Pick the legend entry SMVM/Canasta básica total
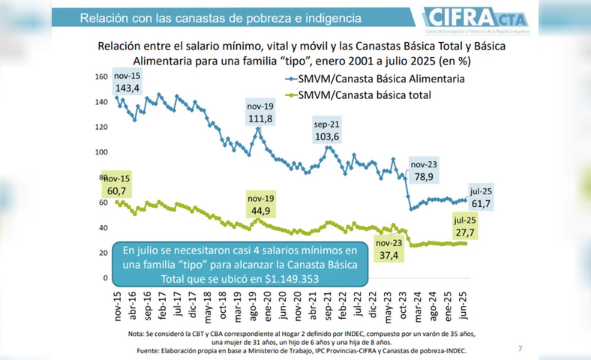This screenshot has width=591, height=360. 363,95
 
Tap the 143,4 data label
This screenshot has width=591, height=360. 128,88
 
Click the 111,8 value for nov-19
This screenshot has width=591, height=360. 259,119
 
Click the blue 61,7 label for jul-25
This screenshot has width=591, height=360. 481,203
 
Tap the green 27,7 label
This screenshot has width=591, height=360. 466,234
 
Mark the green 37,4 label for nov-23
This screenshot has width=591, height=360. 389,256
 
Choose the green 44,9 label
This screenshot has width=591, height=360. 260,211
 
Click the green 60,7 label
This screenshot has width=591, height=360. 117,192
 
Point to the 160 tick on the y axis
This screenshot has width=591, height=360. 102,76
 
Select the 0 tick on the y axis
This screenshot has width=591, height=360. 106,278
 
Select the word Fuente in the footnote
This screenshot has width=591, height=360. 153,350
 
